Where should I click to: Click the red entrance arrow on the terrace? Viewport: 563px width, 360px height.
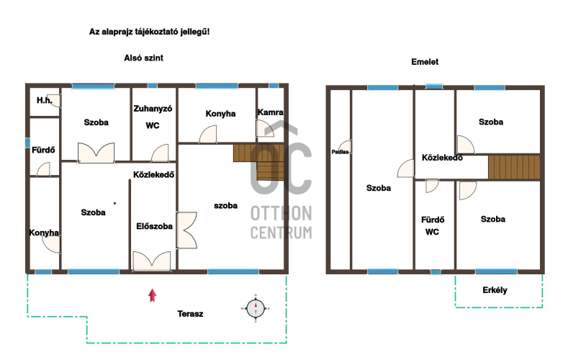tap(152, 295)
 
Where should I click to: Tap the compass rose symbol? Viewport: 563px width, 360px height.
tap(256, 308)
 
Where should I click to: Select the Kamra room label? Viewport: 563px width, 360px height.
tap(271, 112)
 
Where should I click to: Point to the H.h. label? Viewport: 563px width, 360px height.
tap(45, 100)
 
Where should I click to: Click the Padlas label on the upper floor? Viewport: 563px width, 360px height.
tap(340, 152)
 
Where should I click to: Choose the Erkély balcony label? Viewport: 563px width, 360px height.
tap(495, 290)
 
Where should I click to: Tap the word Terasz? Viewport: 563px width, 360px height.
tap(190, 314)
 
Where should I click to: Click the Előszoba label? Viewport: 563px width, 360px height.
tap(154, 226)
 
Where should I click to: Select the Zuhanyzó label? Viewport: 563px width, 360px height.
tap(153, 109)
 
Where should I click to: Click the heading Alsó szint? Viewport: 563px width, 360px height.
tap(143, 58)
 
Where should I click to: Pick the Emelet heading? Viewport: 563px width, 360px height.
tap(425, 62)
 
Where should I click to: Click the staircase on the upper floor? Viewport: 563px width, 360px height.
tap(514, 167)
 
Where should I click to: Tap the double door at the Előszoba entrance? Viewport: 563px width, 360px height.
tap(152, 261)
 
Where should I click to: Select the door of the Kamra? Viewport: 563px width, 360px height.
tap(265, 128)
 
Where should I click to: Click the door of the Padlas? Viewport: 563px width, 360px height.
tap(346, 147)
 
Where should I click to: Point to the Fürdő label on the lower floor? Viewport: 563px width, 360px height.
tap(43, 150)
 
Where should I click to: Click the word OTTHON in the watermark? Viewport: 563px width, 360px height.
tap(281, 214)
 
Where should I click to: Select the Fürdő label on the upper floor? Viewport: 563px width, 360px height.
tap(433, 220)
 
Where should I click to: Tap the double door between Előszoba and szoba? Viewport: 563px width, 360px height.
tap(186, 230)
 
